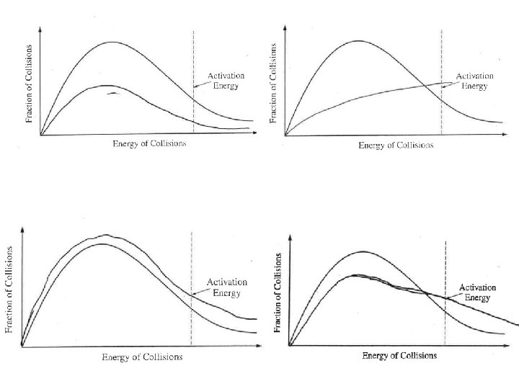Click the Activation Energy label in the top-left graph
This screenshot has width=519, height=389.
point(226,81)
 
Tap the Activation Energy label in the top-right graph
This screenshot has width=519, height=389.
point(474,81)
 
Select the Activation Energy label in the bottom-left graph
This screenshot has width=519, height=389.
point(227,287)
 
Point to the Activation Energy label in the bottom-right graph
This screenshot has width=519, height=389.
point(477,292)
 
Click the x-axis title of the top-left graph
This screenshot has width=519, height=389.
point(149,143)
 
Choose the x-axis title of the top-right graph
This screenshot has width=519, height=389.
point(396,146)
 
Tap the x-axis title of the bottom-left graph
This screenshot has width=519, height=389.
point(142,357)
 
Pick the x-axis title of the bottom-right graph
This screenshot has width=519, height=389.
point(399,356)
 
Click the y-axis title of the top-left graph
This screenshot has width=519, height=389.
point(29,84)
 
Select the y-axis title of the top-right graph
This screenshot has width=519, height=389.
point(273,83)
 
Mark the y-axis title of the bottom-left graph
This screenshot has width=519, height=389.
point(9,290)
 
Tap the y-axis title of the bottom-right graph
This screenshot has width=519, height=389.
point(278,292)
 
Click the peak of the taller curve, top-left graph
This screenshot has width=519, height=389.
point(112,42)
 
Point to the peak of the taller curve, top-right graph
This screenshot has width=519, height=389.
point(358,40)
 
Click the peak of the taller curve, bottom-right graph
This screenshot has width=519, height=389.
point(363,251)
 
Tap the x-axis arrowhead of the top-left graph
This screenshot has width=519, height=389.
point(254,133)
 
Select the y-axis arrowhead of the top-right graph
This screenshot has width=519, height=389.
point(285,27)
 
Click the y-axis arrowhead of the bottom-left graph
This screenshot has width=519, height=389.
point(22,229)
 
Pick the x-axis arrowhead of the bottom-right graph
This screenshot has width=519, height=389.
point(507,346)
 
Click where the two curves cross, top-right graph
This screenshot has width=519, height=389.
point(425,86)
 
